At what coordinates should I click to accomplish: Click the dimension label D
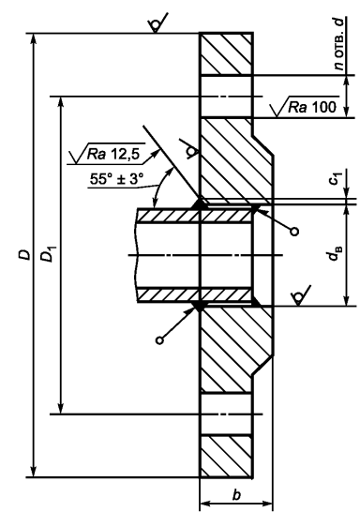24,255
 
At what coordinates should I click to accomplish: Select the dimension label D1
47,254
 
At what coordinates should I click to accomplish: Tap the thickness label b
237,495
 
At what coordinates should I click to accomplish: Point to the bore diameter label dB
334,254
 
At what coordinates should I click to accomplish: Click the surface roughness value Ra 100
312,107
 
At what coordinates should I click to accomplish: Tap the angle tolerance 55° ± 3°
116,179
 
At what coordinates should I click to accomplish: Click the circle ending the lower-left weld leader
159,340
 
